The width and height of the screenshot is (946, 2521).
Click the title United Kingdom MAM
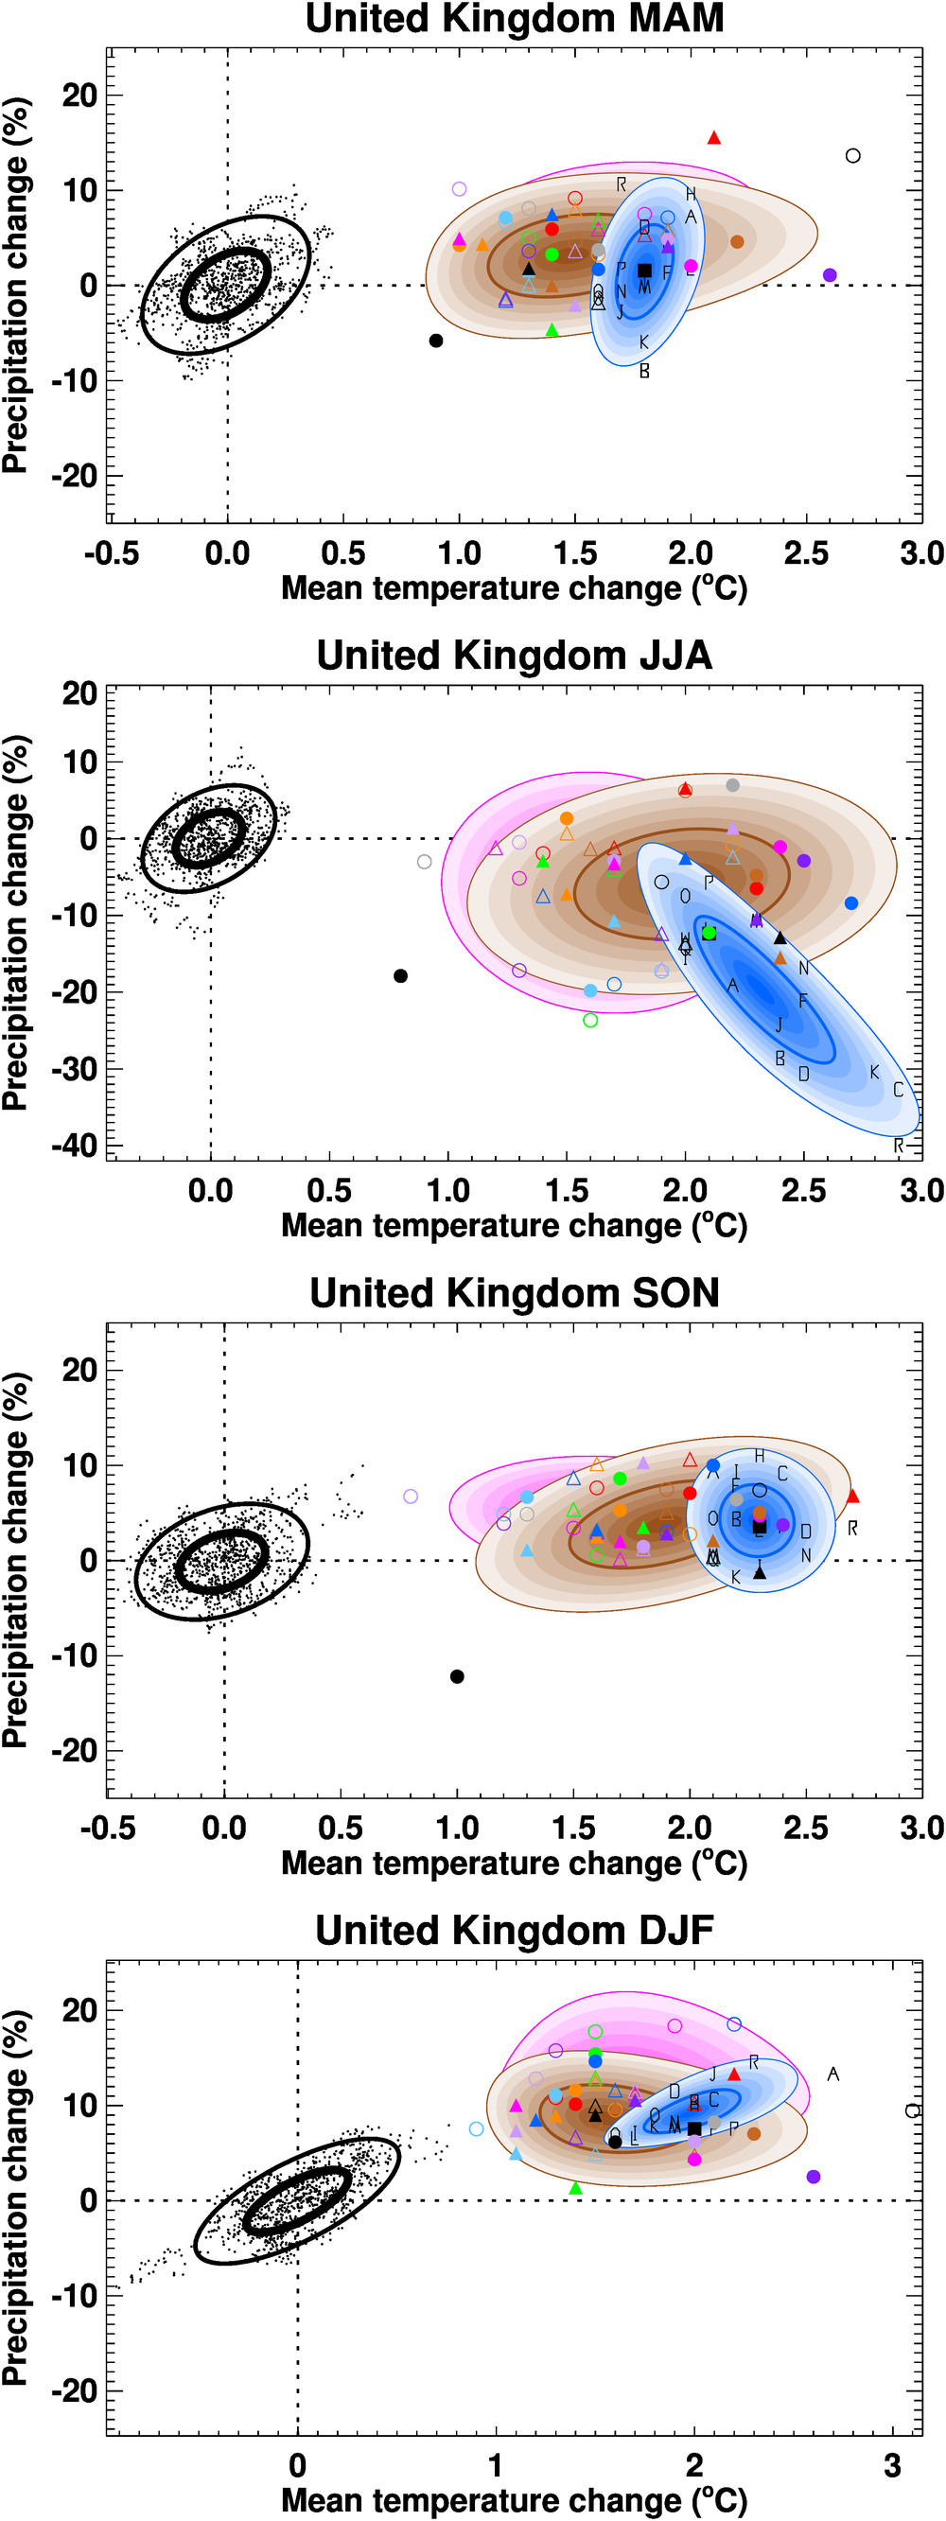515,19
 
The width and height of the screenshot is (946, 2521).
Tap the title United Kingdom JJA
515,656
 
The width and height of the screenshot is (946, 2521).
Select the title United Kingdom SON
515,1293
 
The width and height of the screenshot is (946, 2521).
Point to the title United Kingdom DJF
515,1931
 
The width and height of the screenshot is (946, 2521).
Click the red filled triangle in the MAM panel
714,138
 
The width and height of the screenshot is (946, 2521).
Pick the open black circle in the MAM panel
853,155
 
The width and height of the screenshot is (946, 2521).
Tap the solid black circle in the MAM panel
436,341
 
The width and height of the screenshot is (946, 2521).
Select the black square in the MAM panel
643,271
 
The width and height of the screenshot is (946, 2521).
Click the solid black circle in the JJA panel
400,975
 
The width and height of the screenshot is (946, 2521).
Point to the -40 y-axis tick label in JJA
75,1144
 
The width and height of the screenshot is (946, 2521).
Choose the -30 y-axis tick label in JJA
75,1068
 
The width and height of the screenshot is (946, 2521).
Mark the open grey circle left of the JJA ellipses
424,862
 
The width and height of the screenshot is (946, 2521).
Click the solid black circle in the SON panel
457,1676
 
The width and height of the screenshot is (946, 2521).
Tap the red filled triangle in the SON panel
852,1497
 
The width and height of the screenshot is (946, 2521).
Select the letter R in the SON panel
853,1528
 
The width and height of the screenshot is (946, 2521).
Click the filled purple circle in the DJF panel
813,2177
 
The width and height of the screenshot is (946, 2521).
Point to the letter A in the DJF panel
832,2074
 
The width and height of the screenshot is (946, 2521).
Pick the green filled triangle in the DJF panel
575,2188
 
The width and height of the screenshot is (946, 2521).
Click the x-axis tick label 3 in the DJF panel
892,2465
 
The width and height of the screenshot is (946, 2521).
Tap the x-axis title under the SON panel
515,1863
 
